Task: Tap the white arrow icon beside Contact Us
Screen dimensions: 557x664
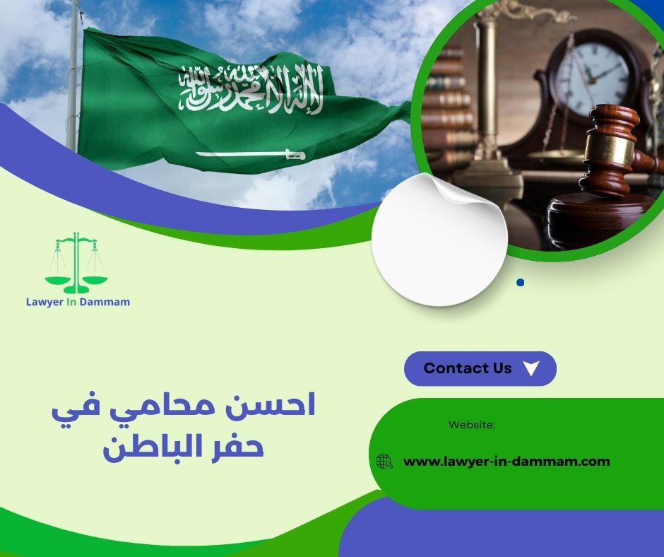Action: coord(532,368)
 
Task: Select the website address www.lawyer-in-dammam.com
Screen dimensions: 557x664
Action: coord(506,462)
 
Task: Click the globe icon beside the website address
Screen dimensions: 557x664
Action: coord(384,462)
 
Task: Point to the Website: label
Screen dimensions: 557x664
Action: coord(472,425)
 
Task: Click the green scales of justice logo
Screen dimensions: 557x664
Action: coord(76,263)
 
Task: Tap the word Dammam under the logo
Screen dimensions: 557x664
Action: coord(105,302)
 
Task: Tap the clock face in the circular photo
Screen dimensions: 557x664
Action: coord(593,78)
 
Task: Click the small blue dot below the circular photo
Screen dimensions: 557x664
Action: coord(521,282)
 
